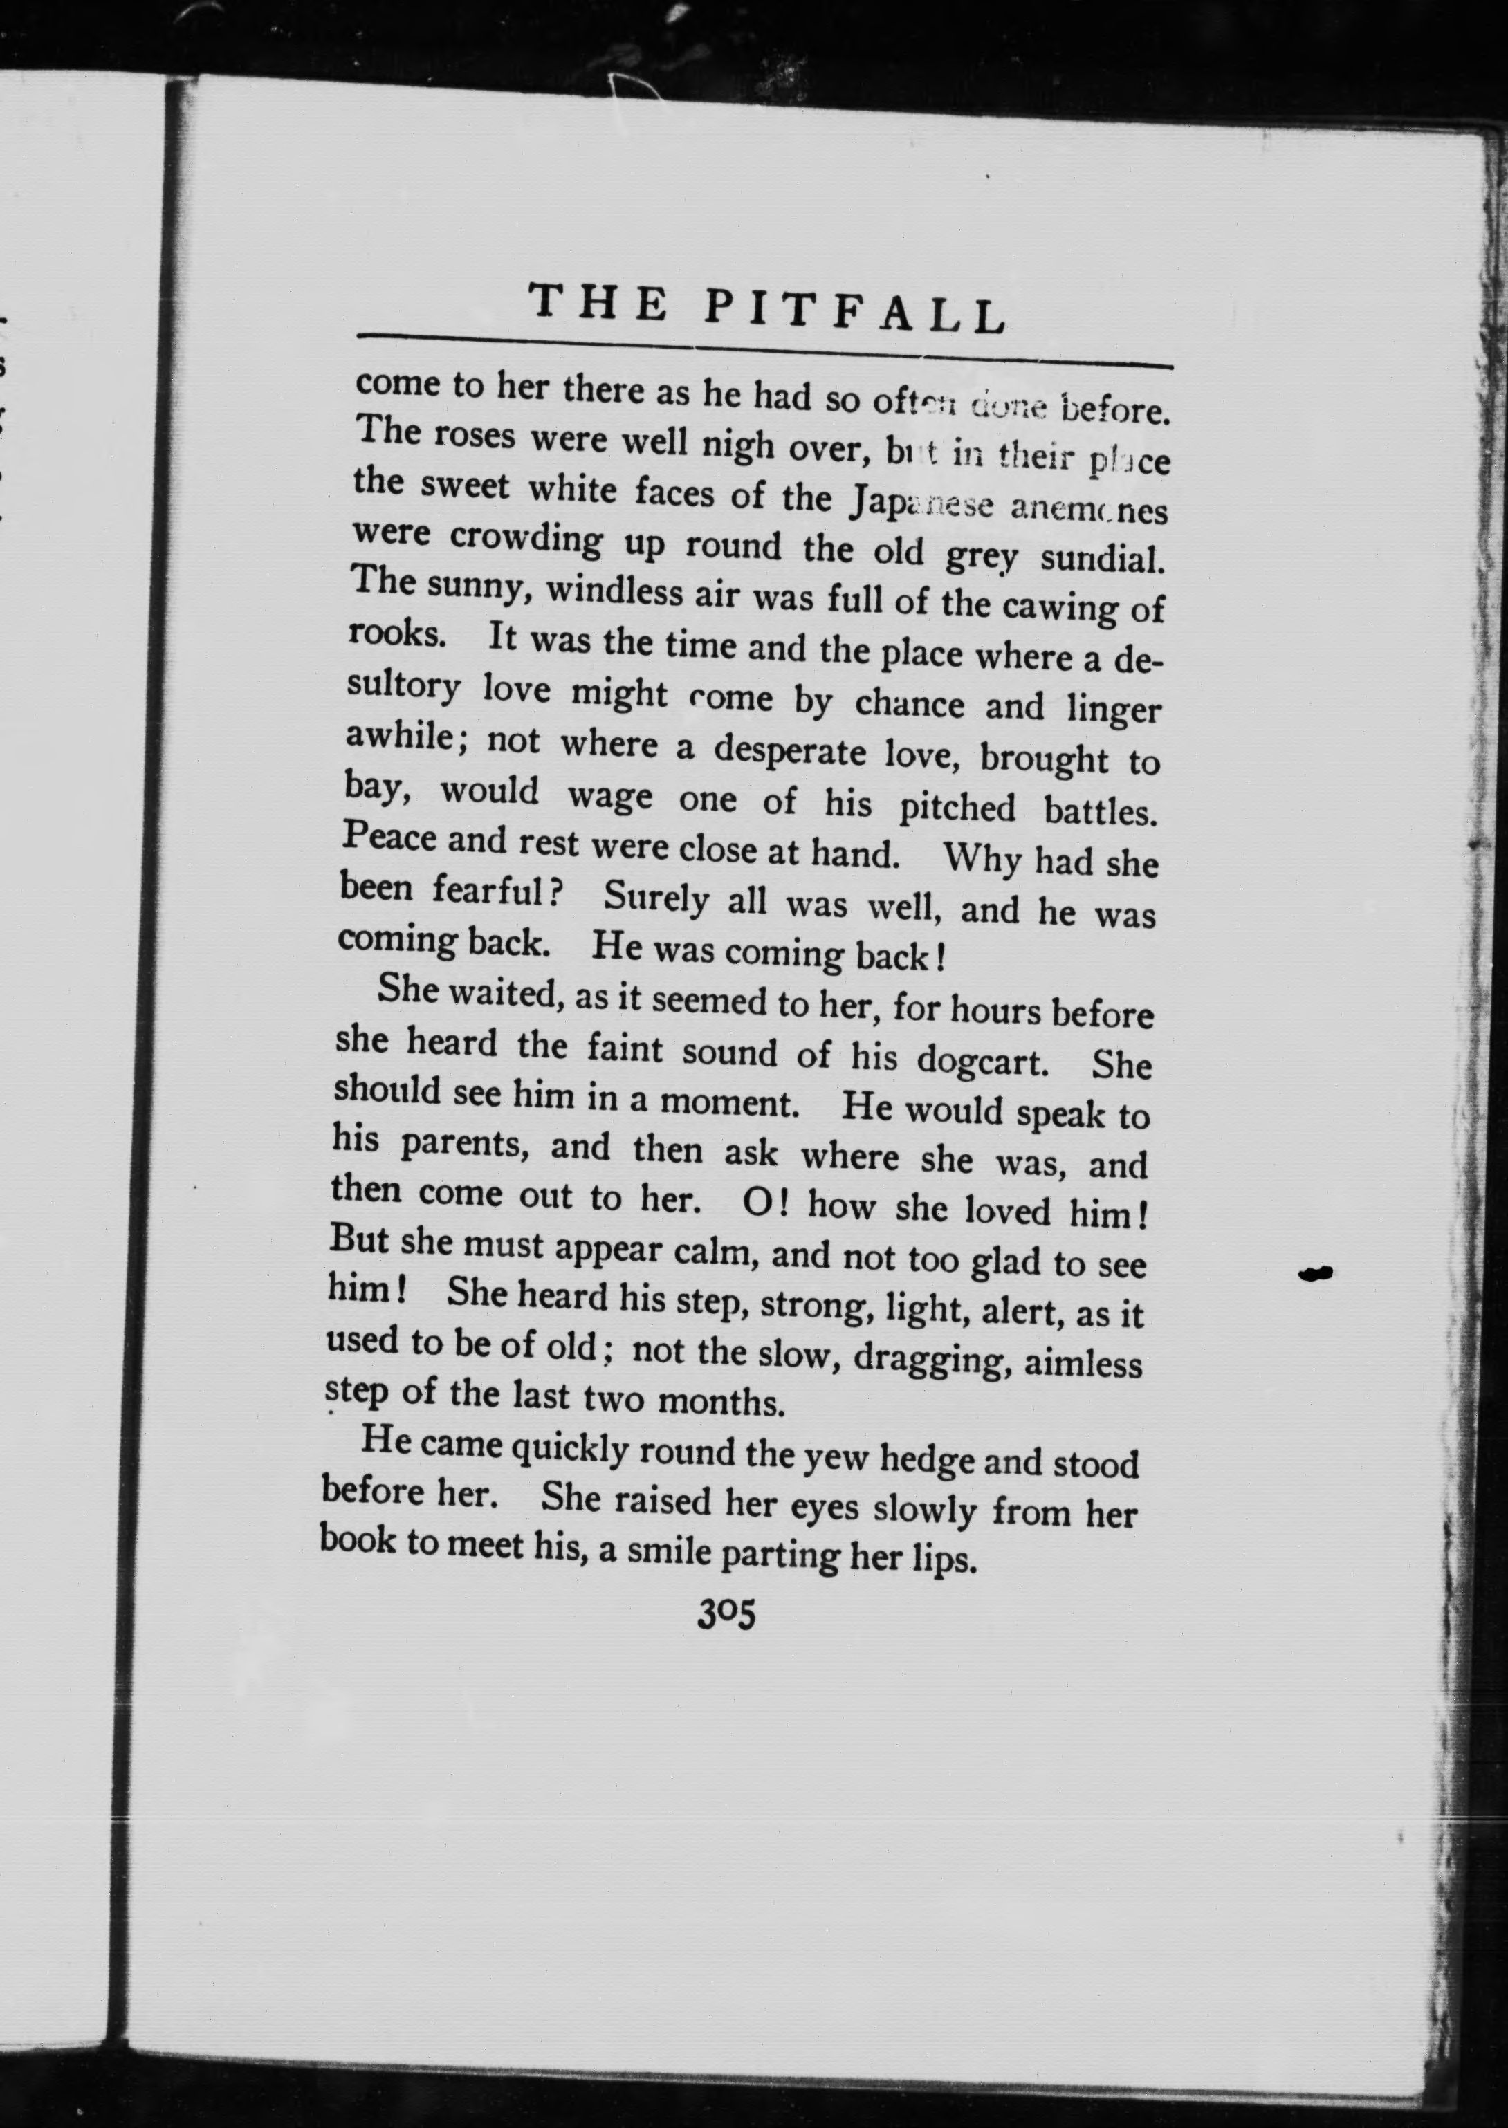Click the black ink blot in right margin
point(1315,1274)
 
